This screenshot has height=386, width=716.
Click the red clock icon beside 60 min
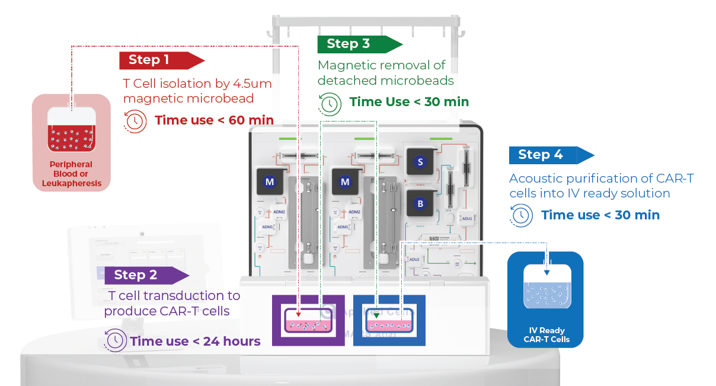coord(135,121)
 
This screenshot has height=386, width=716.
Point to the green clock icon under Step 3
coord(330,103)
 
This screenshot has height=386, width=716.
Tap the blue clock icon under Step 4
coord(521,215)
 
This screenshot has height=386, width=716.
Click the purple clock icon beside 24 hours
coord(115,340)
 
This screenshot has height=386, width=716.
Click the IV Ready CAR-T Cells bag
coord(545,299)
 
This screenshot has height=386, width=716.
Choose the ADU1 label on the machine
coord(467,219)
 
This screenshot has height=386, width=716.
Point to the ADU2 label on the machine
coord(414,259)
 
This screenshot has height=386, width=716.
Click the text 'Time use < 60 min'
coord(214,121)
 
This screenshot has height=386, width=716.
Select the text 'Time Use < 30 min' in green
coord(409,102)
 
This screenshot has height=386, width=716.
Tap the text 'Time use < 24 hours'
coord(195,341)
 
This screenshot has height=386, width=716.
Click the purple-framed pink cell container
coord(308,321)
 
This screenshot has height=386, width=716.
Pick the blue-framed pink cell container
coord(389,321)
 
